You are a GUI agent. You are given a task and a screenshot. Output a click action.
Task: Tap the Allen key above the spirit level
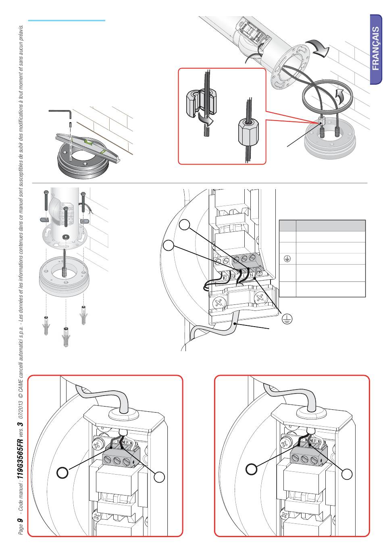pyautogui.click(x=60, y=112)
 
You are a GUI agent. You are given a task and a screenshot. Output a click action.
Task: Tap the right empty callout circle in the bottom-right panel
pyautogui.click(x=347, y=474)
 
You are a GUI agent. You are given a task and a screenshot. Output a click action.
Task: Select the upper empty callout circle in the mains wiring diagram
pyautogui.click(x=185, y=225)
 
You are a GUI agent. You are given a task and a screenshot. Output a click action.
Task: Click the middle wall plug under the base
pyautogui.click(x=66, y=337)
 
